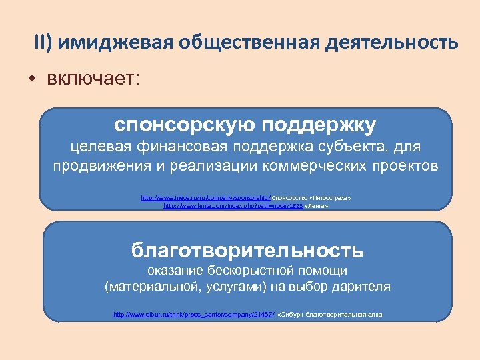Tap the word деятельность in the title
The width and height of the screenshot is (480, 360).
392,43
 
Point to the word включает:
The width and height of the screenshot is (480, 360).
93,79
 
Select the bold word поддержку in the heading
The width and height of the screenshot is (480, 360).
319,125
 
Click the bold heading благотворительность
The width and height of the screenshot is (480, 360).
247,250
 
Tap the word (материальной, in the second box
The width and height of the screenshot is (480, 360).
146,287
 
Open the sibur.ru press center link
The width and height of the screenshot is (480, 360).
193,314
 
